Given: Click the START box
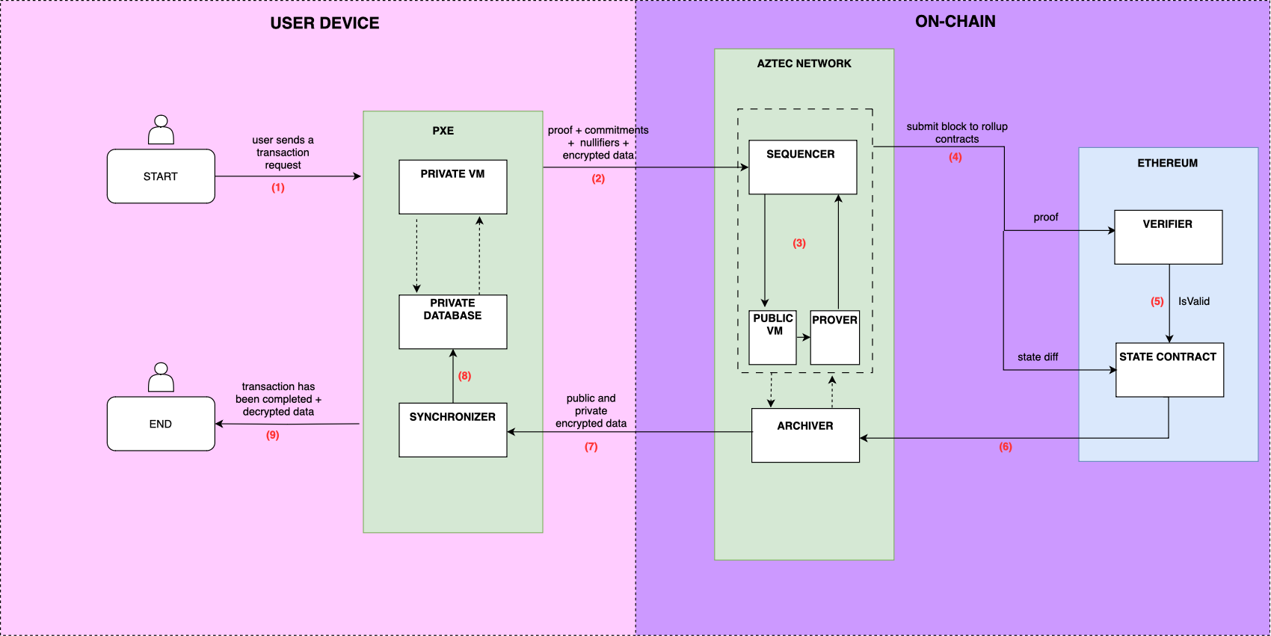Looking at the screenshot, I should pyautogui.click(x=161, y=176).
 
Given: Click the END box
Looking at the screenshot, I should pyautogui.click(x=161, y=424).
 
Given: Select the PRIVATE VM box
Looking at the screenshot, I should pyautogui.click(x=452, y=187).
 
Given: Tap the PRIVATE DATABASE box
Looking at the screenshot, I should pyautogui.click(x=452, y=321).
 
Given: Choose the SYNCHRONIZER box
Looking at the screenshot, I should pyautogui.click(x=452, y=430).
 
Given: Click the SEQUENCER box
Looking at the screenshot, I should pyautogui.click(x=802, y=167).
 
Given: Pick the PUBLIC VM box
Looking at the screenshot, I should pyautogui.click(x=772, y=337).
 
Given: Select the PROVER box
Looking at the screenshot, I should pyautogui.click(x=834, y=337).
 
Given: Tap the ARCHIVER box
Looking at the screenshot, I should pyautogui.click(x=805, y=435).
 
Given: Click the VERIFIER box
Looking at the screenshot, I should pyautogui.click(x=1168, y=237).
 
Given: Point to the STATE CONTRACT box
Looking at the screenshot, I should pyautogui.click(x=1169, y=369).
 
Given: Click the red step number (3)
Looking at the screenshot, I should pyautogui.click(x=799, y=243).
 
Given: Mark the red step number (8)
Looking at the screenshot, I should pyautogui.click(x=464, y=376).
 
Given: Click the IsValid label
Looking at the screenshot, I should pyautogui.click(x=1193, y=301).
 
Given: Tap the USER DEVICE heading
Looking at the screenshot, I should pyautogui.click(x=324, y=23).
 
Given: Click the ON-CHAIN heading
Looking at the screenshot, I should pyautogui.click(x=955, y=22).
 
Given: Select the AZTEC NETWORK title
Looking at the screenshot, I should pyautogui.click(x=804, y=64).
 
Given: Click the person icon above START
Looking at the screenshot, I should pyautogui.click(x=161, y=130).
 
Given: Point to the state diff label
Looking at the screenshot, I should pyautogui.click(x=1037, y=356).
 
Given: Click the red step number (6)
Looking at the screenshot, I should pyautogui.click(x=1005, y=447).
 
